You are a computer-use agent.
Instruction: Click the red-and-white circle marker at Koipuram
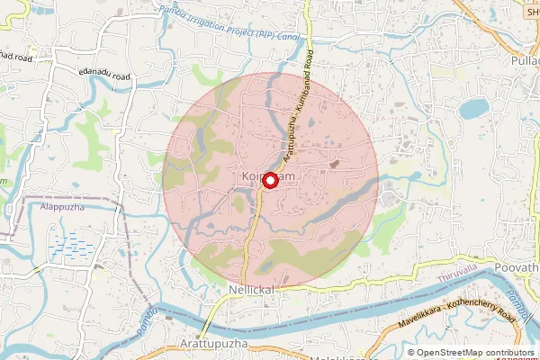[x=268, y=180]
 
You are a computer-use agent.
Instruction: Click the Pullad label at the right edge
[x=526, y=60]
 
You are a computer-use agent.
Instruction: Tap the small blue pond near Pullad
[x=473, y=109]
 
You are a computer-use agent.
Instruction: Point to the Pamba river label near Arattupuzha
[x=148, y=321]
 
